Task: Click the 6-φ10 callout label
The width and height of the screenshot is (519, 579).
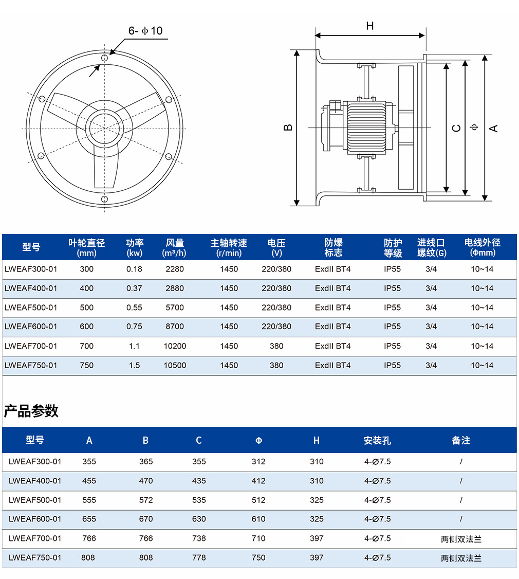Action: (145, 31)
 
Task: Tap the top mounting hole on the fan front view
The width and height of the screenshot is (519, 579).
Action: (104, 58)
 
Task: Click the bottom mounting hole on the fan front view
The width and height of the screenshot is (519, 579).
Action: (104, 199)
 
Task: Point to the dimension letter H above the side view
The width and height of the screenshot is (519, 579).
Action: (370, 26)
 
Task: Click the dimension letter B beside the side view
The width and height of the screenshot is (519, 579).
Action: (288, 128)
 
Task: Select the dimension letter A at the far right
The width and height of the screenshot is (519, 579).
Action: (493, 128)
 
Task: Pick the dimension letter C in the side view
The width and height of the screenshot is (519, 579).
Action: (457, 128)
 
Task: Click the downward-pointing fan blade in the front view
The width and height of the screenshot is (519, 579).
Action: (105, 168)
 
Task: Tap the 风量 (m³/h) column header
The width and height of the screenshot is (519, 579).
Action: (174, 247)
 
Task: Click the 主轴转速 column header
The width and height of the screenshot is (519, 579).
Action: (229, 247)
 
